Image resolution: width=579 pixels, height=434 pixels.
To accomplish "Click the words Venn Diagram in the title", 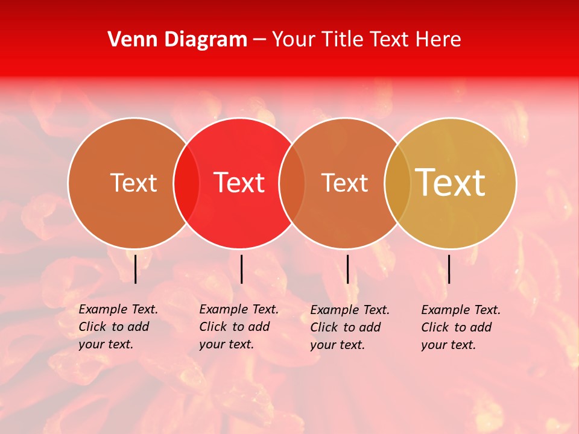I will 177,40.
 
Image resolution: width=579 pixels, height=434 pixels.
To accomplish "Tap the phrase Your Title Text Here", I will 366,40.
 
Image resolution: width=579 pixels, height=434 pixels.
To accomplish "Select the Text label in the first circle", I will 133,183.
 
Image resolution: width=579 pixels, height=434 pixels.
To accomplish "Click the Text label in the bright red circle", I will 239,183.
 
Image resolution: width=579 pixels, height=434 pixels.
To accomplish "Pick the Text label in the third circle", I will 344,183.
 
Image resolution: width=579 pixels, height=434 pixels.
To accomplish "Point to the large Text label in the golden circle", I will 451,183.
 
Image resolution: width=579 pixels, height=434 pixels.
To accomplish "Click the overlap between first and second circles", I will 186,183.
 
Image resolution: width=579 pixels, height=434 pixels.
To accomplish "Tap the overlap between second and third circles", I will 292,183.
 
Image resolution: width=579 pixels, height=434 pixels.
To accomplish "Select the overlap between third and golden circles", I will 397,183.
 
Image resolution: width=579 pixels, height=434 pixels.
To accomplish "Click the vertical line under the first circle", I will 135,269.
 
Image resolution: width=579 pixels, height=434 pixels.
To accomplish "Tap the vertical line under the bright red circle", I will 241,269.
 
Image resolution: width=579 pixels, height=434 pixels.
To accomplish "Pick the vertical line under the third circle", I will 347,269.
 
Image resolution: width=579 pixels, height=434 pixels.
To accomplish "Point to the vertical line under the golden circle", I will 449,269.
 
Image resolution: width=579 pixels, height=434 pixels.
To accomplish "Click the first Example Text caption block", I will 118,327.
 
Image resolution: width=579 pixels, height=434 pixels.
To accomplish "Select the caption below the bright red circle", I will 239,327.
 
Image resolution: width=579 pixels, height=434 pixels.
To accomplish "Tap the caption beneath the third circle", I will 350,327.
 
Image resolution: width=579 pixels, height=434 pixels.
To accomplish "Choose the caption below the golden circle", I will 461,327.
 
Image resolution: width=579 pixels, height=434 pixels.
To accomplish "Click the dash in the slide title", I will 259,40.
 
